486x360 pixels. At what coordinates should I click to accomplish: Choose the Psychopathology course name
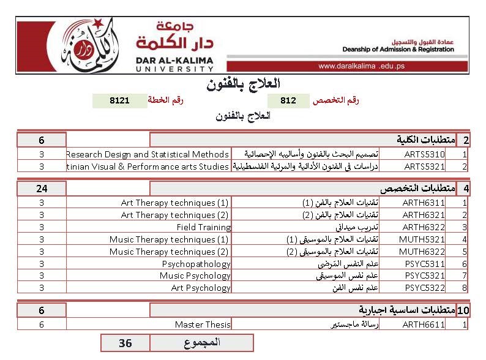(x=196, y=264)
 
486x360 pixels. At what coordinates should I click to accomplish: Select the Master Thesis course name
(x=203, y=324)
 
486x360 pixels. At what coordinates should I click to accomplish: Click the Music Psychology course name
(x=195, y=276)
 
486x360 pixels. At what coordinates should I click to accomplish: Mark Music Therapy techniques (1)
(x=169, y=239)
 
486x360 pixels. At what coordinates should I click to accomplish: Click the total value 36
(x=125, y=343)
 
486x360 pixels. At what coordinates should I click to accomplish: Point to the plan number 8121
(x=119, y=100)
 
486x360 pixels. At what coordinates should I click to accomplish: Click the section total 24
(x=42, y=188)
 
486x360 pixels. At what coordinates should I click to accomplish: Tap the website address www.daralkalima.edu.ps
(x=361, y=66)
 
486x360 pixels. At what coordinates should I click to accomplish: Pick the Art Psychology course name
(x=201, y=288)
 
